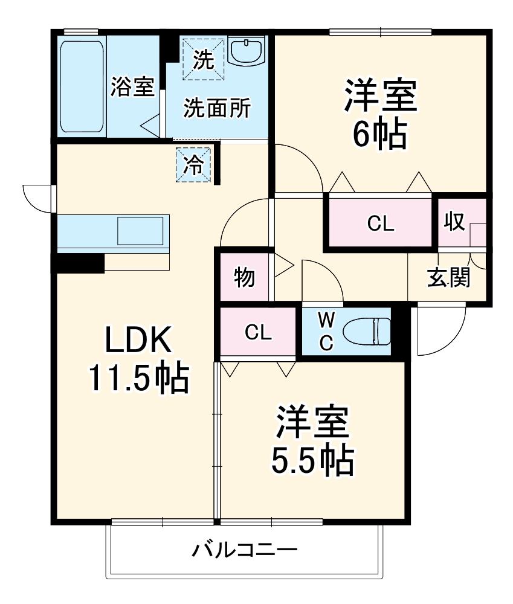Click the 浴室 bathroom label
click(x=133, y=88)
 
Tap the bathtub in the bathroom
click(x=82, y=86)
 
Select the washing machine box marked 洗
click(x=203, y=59)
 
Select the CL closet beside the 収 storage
click(x=381, y=223)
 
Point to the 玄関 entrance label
click(x=448, y=278)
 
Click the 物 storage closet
click(x=244, y=278)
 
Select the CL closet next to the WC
click(x=258, y=332)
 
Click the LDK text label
click(x=140, y=341)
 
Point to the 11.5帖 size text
click(x=139, y=377)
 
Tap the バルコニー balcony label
click(x=245, y=550)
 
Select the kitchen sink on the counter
click(x=140, y=230)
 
